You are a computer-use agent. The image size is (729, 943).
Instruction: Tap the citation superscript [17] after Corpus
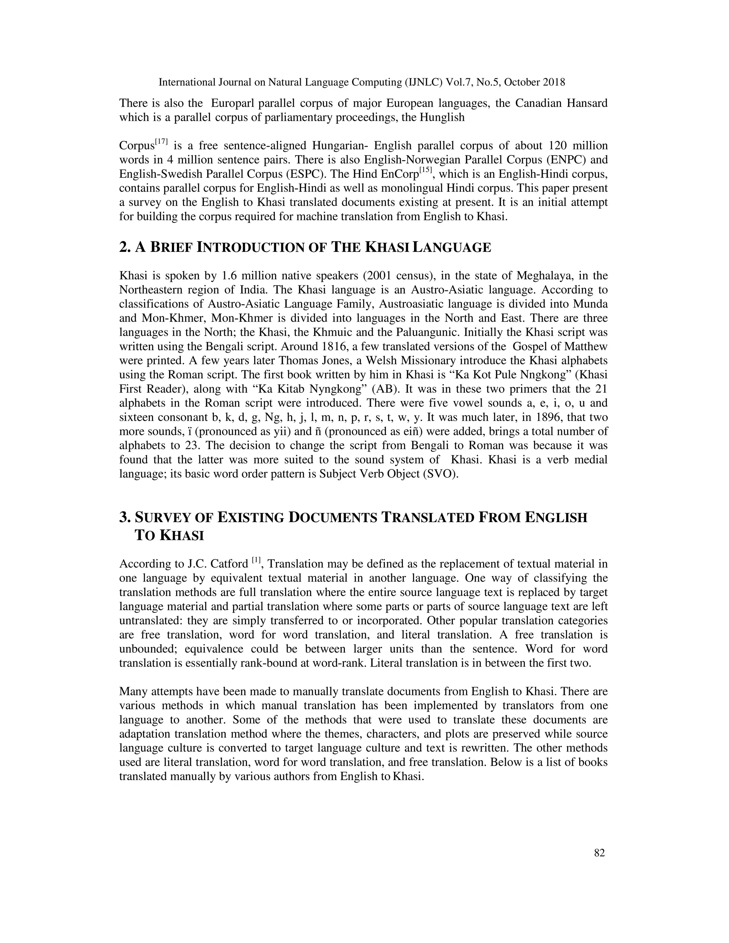pyautogui.click(x=162, y=142)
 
